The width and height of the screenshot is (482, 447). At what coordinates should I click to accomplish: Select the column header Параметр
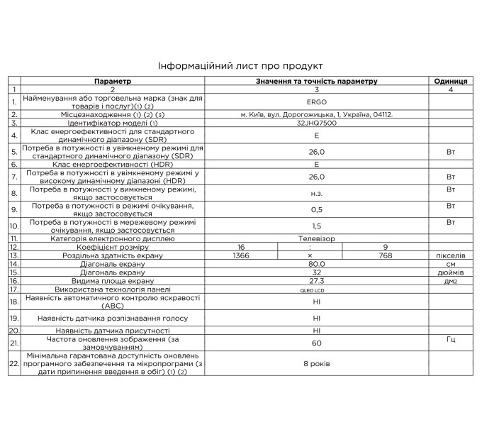pyautogui.click(x=112, y=82)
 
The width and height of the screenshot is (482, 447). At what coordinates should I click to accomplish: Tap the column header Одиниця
pyautogui.click(x=450, y=82)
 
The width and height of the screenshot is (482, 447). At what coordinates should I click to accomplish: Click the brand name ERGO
pyautogui.click(x=317, y=101)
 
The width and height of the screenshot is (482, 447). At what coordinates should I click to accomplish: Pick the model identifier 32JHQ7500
pyautogui.click(x=317, y=123)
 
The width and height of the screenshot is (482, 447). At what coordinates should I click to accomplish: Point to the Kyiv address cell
pyautogui.click(x=317, y=114)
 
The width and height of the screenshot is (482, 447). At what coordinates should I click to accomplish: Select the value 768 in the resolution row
pyautogui.click(x=385, y=255)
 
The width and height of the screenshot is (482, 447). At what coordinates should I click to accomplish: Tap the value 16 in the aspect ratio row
pyautogui.click(x=241, y=246)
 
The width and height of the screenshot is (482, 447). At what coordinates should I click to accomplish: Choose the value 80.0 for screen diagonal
pyautogui.click(x=317, y=263)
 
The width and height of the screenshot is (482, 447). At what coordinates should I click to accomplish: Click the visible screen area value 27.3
pyautogui.click(x=317, y=281)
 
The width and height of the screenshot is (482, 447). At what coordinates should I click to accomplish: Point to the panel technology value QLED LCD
pyautogui.click(x=317, y=290)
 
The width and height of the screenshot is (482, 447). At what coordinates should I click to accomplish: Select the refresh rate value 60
pyautogui.click(x=317, y=343)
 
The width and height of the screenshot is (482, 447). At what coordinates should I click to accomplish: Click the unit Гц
pyautogui.click(x=450, y=341)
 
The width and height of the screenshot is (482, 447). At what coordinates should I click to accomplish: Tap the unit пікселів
pyautogui.click(x=450, y=255)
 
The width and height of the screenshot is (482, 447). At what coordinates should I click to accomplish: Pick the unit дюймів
pyautogui.click(x=450, y=272)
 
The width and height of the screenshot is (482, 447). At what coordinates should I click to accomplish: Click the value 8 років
pyautogui.click(x=317, y=363)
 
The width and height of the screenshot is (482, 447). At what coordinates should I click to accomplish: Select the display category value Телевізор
pyautogui.click(x=317, y=238)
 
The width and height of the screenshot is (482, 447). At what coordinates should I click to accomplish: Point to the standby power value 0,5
pyautogui.click(x=317, y=210)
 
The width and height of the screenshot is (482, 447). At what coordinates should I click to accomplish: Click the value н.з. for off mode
pyautogui.click(x=317, y=193)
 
